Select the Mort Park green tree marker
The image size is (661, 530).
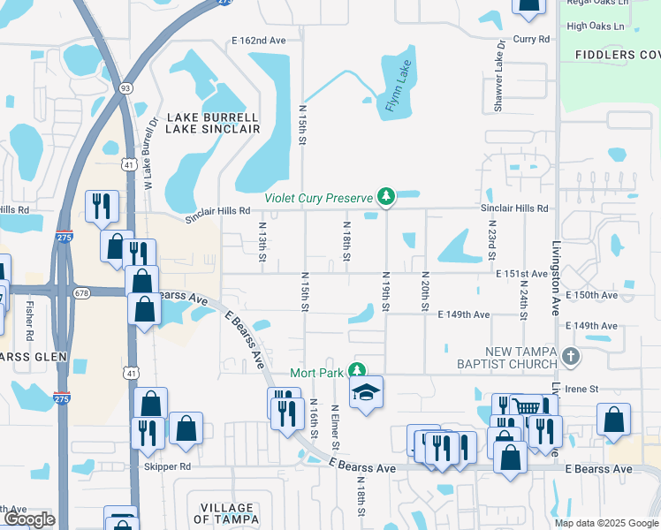(356, 371)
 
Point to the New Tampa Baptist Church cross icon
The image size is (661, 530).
(571, 358)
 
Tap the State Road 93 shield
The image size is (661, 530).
(125, 88)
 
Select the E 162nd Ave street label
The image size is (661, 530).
(259, 41)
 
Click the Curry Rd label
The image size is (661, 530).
(531, 40)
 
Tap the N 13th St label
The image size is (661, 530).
(262, 242)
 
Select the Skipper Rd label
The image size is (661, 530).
(167, 466)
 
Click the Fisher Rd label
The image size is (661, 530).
(29, 322)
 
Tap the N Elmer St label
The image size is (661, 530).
(335, 427)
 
